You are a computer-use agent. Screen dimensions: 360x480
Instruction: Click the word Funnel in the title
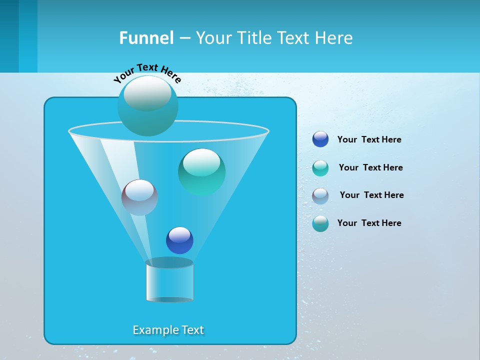click(x=146, y=38)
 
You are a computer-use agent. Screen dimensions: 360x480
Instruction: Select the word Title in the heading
click(x=253, y=38)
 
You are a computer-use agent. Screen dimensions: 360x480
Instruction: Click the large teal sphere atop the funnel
click(x=148, y=105)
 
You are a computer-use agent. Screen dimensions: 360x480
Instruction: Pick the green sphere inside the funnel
click(x=201, y=172)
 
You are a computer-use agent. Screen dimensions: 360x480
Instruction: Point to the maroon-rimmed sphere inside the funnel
click(x=139, y=197)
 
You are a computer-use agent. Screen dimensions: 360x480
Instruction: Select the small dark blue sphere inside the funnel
click(x=179, y=240)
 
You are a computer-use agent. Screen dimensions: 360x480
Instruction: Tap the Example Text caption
click(x=168, y=330)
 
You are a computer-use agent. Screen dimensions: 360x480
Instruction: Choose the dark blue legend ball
click(x=320, y=139)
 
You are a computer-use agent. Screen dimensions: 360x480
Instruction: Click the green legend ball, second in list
click(x=320, y=167)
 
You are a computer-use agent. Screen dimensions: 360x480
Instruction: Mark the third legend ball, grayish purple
click(x=320, y=195)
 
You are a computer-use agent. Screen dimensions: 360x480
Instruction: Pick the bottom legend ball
click(x=320, y=223)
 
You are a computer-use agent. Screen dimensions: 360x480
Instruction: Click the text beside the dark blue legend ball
click(x=369, y=140)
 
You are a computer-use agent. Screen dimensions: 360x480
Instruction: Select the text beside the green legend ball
click(x=370, y=167)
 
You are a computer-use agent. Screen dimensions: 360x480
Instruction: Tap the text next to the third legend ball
click(x=371, y=195)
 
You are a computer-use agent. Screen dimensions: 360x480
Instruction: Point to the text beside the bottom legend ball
click(x=369, y=223)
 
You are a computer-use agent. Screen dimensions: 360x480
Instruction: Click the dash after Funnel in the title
click(x=184, y=38)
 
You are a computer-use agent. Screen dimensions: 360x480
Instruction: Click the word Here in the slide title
click(x=334, y=38)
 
